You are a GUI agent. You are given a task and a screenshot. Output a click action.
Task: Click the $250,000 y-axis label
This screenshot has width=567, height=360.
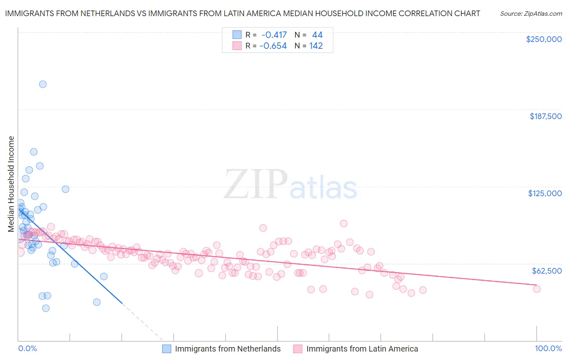tap(544, 39)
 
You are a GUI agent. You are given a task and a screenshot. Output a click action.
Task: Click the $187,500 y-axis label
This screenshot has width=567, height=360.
tap(545, 116)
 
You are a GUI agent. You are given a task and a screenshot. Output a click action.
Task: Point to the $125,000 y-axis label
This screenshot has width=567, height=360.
tap(545, 193)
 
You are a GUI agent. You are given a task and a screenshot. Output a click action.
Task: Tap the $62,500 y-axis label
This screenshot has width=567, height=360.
tap(546, 271)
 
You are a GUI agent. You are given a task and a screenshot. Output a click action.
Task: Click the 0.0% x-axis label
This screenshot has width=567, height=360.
tap(27, 348)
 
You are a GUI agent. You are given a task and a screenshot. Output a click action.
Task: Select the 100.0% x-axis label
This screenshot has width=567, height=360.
tap(548, 348)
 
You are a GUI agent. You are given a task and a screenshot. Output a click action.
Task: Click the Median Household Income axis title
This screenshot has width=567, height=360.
tap(11, 184)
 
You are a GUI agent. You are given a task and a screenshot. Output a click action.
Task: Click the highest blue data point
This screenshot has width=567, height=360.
tap(43, 84)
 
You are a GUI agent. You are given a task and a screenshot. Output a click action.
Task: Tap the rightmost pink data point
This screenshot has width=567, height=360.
tap(536, 289)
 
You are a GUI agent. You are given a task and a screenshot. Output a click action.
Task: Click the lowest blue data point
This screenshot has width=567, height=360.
tap(46, 308)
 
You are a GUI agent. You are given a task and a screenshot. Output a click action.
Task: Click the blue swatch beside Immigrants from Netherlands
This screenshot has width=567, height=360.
tap(167, 349)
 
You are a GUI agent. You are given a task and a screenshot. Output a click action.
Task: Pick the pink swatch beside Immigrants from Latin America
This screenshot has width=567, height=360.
tap(298, 349)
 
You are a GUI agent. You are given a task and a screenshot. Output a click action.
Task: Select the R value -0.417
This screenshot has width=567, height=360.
tap(274, 35)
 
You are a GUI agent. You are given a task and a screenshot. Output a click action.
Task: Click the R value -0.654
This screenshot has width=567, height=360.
tap(273, 46)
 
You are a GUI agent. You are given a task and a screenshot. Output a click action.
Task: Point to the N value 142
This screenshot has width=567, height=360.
tap(316, 46)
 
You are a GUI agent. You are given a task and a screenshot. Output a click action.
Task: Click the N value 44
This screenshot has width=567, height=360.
tap(317, 35)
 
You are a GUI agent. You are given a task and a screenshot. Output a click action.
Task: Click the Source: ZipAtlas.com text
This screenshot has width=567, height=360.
tap(531, 13)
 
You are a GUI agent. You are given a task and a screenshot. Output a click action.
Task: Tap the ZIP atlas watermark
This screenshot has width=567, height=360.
tap(290, 185)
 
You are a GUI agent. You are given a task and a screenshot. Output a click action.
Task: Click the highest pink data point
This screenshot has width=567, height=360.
tap(344, 223)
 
